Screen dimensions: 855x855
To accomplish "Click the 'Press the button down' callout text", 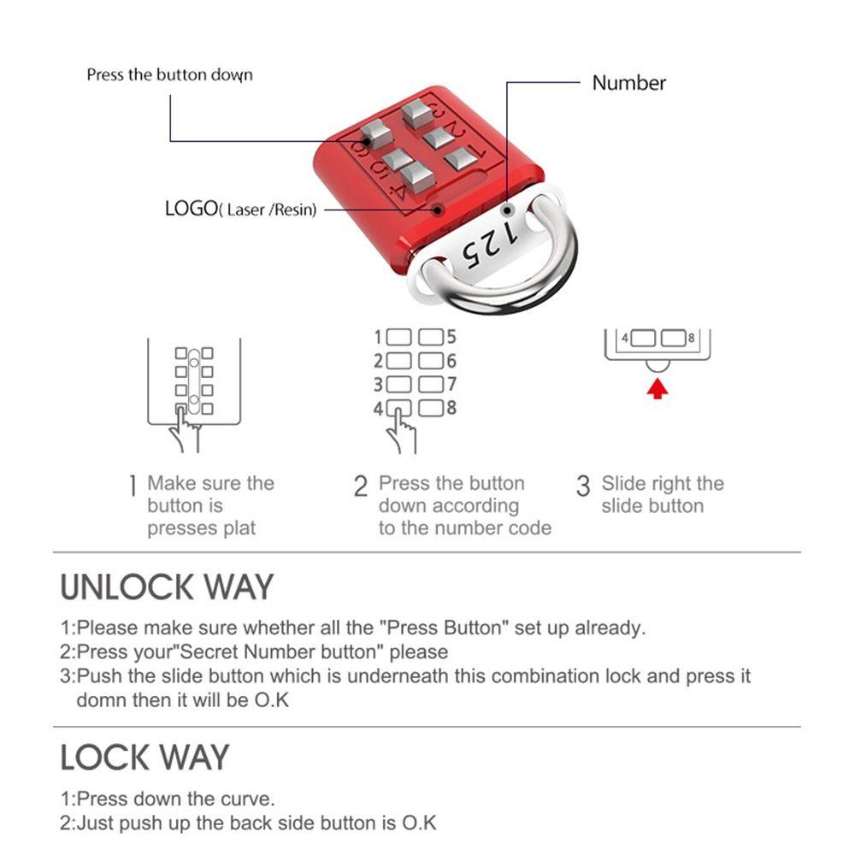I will point(169,75).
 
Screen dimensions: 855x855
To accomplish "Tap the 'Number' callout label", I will point(628,83).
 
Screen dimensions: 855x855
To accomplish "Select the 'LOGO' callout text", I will point(240,209).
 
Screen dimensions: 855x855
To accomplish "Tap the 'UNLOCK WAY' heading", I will point(167,587).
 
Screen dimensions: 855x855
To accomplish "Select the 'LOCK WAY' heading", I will point(144,758).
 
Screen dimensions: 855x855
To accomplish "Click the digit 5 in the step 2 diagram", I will point(451,337).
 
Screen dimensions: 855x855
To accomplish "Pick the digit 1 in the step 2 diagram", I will point(379,337).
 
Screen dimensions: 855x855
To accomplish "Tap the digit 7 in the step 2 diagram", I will point(451,385).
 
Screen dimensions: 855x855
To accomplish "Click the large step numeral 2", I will point(361,487).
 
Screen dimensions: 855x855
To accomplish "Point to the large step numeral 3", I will point(583,487).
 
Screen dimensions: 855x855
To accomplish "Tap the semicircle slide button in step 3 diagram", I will point(657,365).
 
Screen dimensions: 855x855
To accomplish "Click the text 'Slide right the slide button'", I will point(662,495).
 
